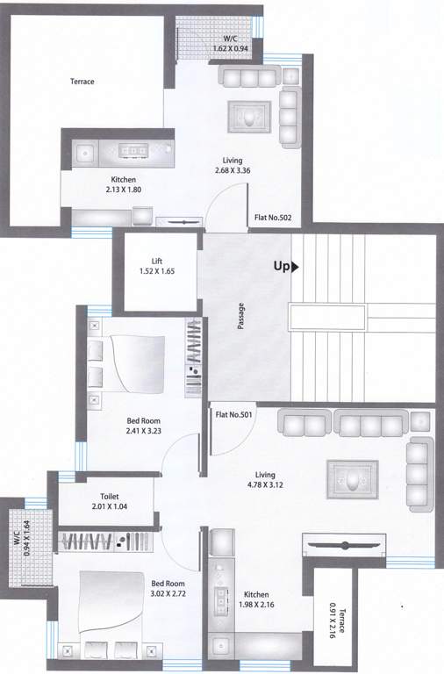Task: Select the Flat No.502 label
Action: [272, 218]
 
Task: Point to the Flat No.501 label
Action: [234, 415]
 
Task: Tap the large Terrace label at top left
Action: [82, 82]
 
